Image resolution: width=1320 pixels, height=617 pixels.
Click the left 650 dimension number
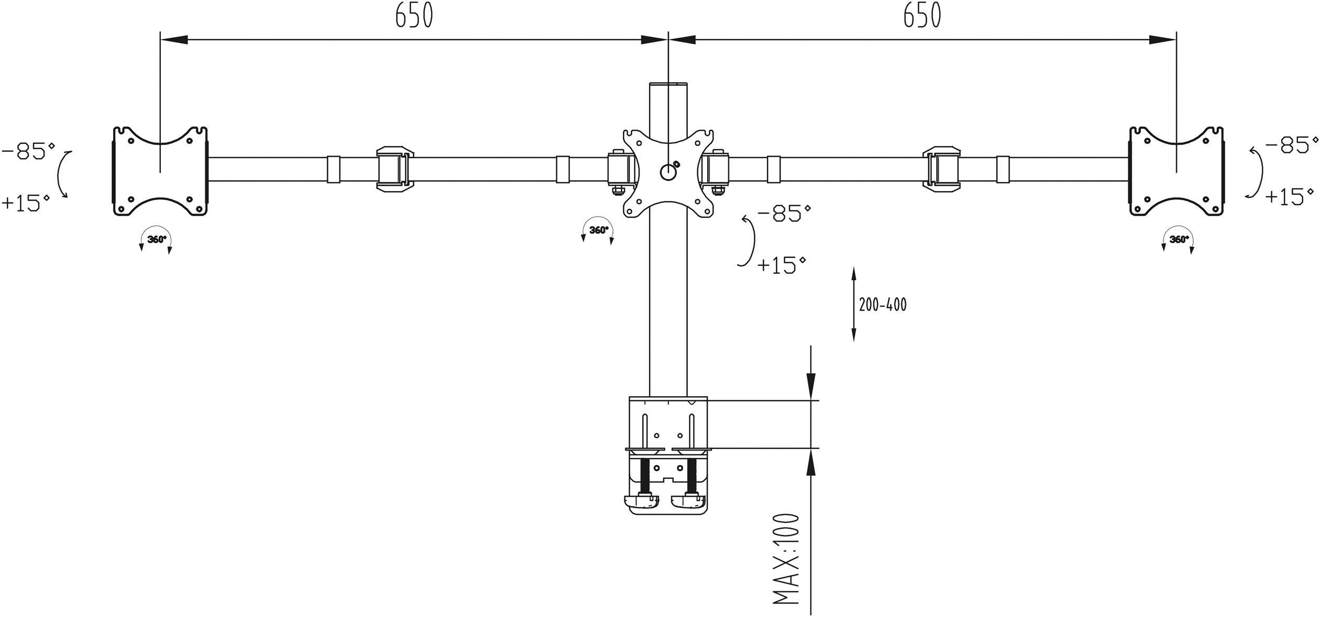tap(414, 16)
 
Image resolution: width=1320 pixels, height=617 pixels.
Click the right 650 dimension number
tap(922, 16)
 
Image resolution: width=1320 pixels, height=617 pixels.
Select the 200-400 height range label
tap(883, 305)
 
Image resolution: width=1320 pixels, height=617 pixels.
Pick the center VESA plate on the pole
tap(668, 173)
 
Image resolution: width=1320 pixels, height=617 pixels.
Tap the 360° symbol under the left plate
tap(156, 240)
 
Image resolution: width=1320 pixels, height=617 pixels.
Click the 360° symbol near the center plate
tap(598, 230)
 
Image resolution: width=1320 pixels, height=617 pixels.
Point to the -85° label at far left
tap(29, 152)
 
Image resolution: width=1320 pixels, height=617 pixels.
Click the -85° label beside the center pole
tap(784, 214)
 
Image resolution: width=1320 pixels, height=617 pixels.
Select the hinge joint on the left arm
tap(395, 169)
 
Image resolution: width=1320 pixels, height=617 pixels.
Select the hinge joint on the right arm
tap(941, 169)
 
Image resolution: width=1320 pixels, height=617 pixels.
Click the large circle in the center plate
tap(667, 171)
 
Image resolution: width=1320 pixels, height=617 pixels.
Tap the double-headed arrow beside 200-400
tap(853, 304)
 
